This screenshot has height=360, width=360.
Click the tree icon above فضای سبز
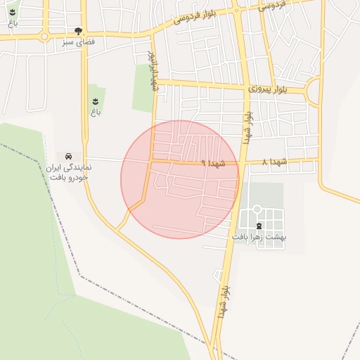point(78,31)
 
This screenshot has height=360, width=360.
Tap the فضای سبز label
point(78,41)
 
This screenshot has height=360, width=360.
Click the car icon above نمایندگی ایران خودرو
point(68,155)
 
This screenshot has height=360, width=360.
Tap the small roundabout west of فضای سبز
point(44,36)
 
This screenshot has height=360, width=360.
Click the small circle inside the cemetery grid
point(257,209)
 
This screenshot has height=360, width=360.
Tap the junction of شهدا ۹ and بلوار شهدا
point(241,162)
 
